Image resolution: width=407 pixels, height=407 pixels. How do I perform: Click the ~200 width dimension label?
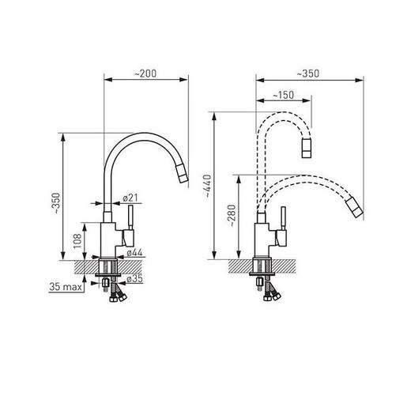tap(145, 73)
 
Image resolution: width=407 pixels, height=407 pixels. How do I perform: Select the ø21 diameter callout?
tap(131, 198)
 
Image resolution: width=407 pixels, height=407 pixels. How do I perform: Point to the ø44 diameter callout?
tap(135, 252)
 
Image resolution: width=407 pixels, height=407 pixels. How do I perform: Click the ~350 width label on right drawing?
tap(309, 73)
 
